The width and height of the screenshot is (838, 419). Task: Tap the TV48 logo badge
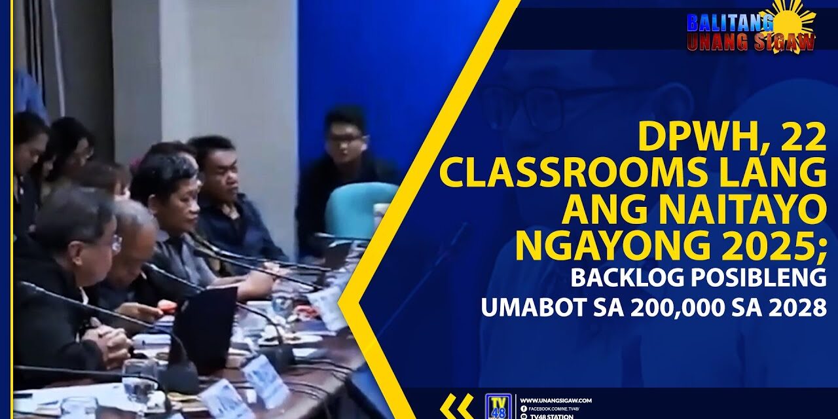(497, 406)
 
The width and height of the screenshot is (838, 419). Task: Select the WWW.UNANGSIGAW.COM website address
(556, 400)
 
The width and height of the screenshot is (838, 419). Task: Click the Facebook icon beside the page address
(523, 409)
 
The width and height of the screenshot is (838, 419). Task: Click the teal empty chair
(360, 209)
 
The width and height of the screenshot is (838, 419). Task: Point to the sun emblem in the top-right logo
(794, 20)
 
